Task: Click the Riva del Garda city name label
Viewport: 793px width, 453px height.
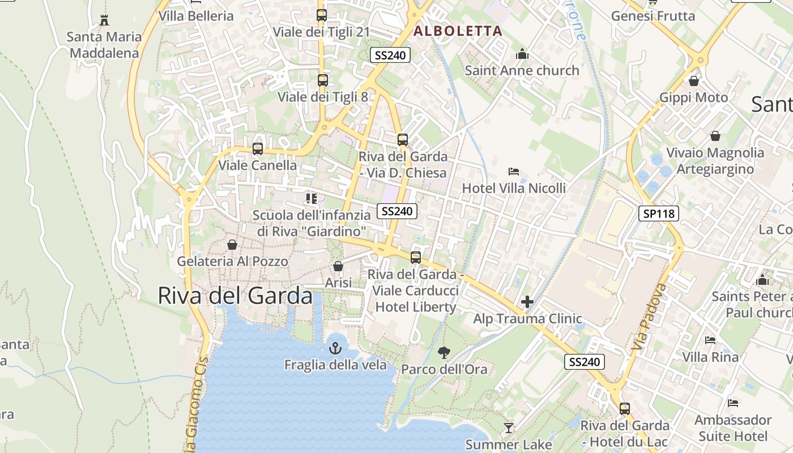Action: click(235, 296)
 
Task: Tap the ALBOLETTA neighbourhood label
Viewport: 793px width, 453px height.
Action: click(458, 31)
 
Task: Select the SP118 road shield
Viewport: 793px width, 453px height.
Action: click(659, 213)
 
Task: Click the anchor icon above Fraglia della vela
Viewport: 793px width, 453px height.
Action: click(335, 347)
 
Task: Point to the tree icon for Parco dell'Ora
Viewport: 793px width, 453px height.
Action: click(444, 353)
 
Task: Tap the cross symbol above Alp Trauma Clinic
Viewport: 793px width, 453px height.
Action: click(527, 302)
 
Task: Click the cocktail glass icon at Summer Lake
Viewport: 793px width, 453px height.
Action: click(509, 428)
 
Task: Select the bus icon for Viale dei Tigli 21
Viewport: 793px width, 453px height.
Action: click(321, 15)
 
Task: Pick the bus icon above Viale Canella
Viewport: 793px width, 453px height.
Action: click(258, 149)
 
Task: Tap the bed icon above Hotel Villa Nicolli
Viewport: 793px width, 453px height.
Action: click(514, 171)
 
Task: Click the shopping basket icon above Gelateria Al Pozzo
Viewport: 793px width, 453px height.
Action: click(232, 245)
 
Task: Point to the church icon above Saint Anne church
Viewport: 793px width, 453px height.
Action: click(522, 54)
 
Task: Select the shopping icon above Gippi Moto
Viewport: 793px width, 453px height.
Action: click(694, 81)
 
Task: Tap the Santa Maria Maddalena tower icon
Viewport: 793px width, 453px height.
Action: click(104, 20)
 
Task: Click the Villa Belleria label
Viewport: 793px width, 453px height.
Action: click(196, 16)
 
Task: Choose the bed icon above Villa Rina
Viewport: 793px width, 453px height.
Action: click(710, 340)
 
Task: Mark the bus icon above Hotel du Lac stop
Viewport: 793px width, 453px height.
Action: click(625, 408)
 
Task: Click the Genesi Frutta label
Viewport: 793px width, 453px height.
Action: click(653, 16)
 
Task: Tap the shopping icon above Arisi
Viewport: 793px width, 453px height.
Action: click(338, 266)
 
